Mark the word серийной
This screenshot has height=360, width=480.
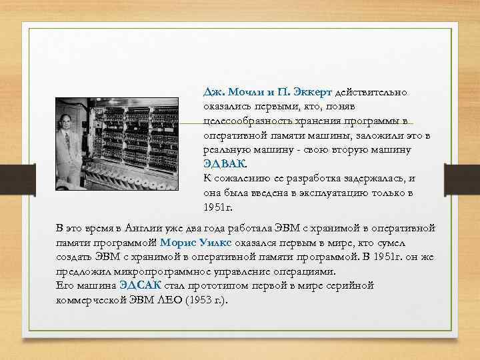pos(351,286)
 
